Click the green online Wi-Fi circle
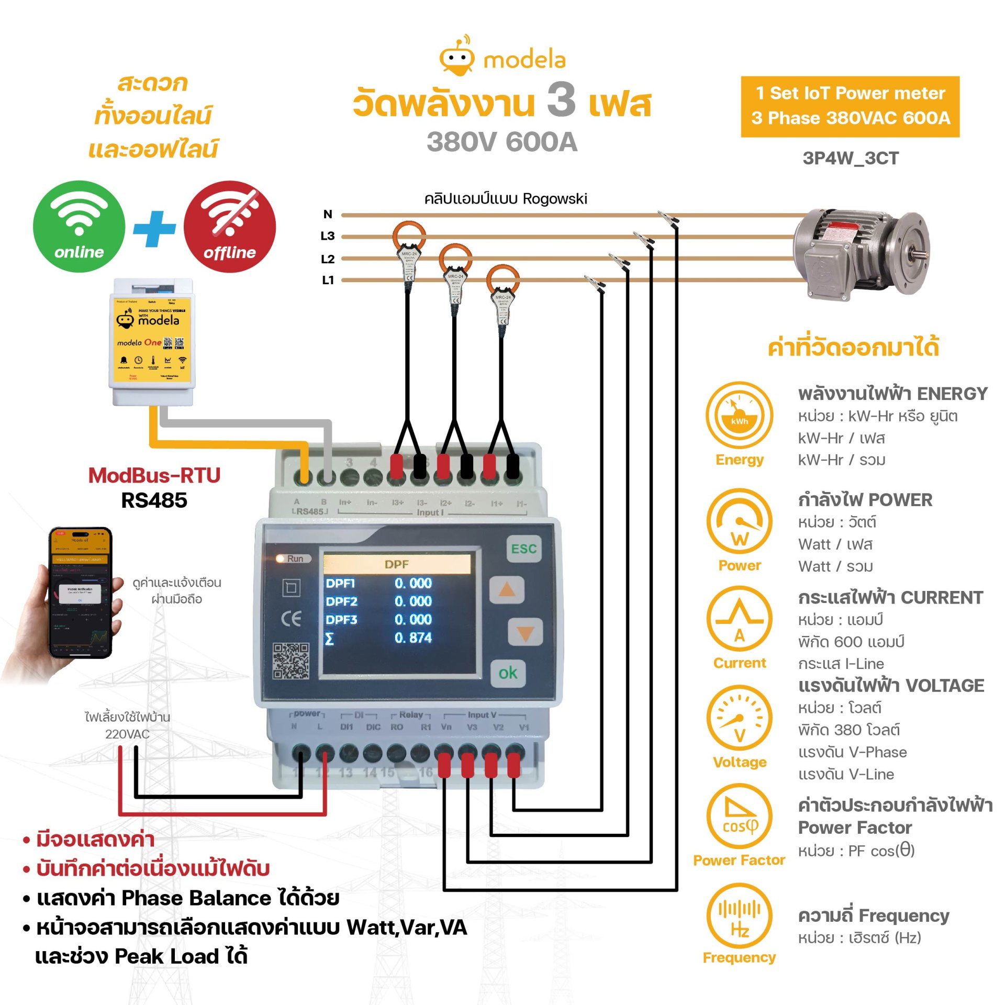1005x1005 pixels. tap(79, 226)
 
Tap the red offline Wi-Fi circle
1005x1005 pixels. tap(230, 226)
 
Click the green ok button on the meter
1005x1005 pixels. tap(507, 673)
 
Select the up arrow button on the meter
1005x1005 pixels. tap(506, 590)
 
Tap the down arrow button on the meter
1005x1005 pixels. tap(525, 633)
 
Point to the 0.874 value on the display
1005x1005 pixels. tap(413, 638)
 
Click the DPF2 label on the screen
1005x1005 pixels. tap(341, 601)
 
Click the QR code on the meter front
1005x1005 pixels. tap(291, 661)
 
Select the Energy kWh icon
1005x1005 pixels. tap(739, 415)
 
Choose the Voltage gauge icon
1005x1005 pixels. tap(739, 718)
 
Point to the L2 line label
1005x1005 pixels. tap(328, 259)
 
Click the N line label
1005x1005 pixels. tap(328, 214)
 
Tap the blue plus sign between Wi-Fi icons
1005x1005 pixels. tap(154, 229)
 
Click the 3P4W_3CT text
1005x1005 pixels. tap(851, 158)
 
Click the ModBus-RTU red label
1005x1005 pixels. tap(154, 475)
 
